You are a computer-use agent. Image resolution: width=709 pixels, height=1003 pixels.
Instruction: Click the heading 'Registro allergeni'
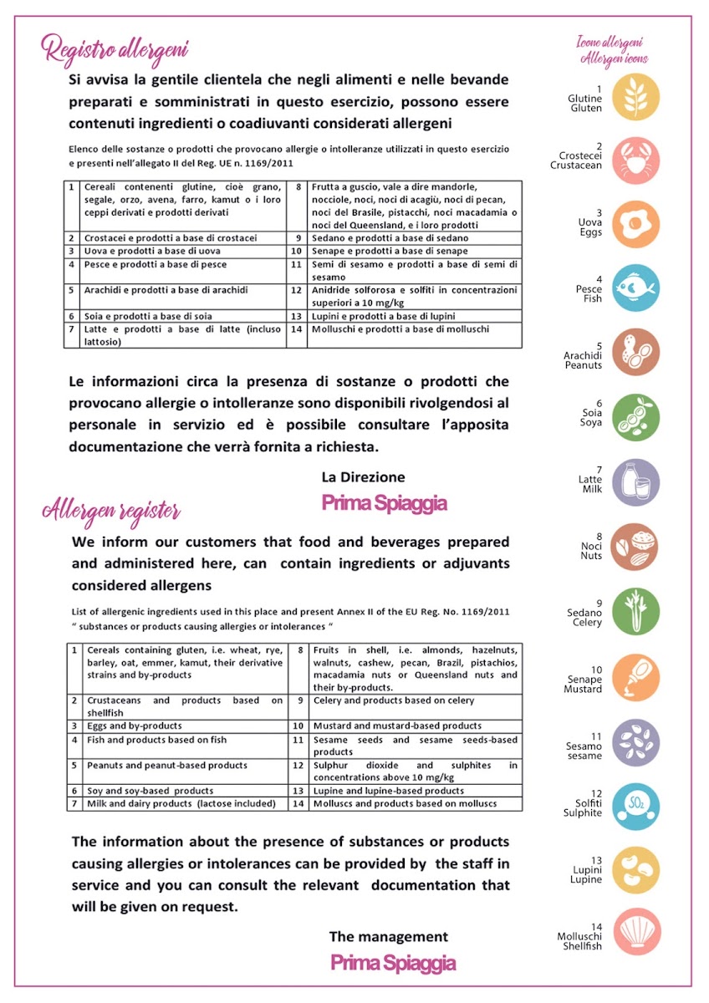[115, 48]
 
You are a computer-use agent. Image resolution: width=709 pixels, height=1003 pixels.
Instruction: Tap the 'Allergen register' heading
[111, 509]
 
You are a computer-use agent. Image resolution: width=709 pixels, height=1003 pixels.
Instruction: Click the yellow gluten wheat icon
[635, 97]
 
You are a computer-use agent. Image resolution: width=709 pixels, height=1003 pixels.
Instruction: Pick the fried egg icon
[635, 224]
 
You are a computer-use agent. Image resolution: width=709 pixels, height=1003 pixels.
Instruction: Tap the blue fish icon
[635, 288]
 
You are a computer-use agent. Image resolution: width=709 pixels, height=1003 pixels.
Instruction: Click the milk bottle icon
[635, 482]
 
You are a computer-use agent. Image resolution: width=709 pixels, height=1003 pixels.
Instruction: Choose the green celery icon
[635, 611]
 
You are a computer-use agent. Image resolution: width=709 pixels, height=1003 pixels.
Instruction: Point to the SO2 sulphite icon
[635, 806]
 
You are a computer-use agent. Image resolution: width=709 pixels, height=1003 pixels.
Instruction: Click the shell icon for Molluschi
[635, 934]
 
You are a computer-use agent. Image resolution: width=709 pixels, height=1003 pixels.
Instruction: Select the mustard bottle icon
[635, 677]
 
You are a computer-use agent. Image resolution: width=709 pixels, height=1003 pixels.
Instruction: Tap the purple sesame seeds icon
[635, 742]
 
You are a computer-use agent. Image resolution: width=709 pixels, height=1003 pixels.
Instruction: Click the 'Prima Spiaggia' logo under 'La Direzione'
[384, 503]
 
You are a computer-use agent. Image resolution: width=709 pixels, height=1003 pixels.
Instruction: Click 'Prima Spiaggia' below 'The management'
[393, 963]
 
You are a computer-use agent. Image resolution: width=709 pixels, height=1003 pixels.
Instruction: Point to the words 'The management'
[388, 937]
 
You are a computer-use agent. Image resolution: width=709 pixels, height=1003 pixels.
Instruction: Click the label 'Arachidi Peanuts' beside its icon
[583, 354]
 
